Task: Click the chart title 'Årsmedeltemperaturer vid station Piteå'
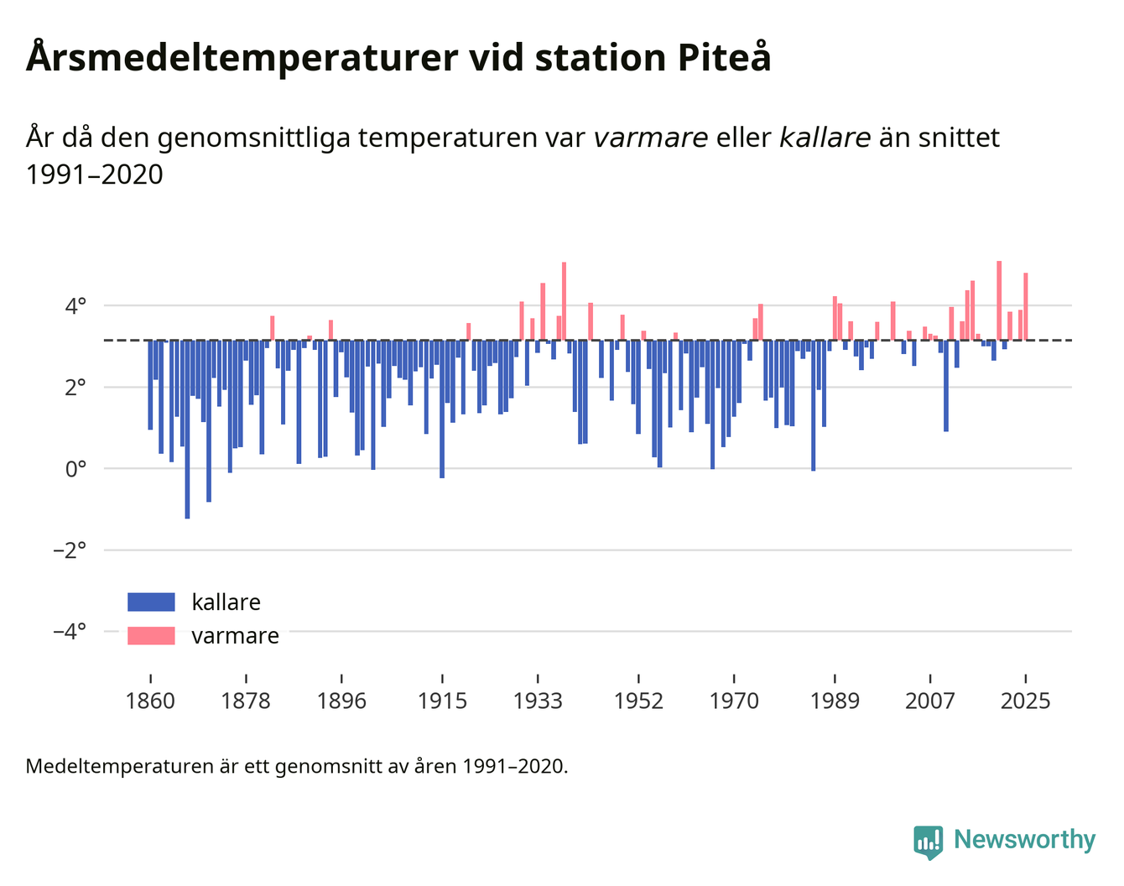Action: (x=398, y=58)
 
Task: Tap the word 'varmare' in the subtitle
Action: (x=650, y=137)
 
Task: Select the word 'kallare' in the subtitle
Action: (x=825, y=137)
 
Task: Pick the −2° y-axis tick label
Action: (x=69, y=550)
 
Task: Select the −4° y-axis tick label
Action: (x=69, y=631)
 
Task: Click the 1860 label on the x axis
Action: (x=150, y=701)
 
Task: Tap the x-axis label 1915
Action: (x=442, y=701)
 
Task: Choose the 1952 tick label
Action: (x=638, y=701)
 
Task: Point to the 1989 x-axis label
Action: (x=835, y=701)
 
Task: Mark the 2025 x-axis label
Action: (x=1025, y=701)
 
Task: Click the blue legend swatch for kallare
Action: (x=151, y=602)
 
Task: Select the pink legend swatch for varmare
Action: (x=151, y=636)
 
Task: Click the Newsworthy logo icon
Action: (x=928, y=842)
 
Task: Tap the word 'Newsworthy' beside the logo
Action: (x=1025, y=840)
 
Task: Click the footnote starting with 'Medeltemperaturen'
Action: (x=297, y=766)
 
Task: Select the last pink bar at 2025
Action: (x=1025, y=306)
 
